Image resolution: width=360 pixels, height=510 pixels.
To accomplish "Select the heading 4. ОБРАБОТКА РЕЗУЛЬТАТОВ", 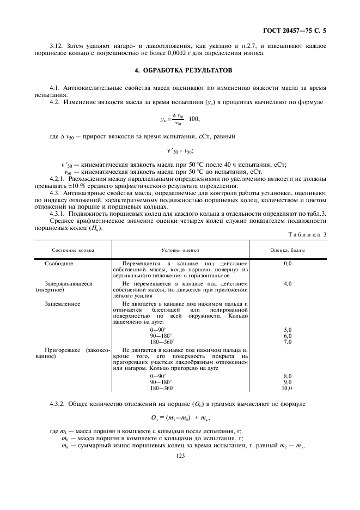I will (x=180, y=71).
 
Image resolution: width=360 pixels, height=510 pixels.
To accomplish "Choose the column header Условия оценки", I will (x=180, y=250).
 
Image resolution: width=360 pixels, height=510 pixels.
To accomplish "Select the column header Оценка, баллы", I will (x=288, y=250).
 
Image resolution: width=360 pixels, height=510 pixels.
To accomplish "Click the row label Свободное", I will (x=59, y=263).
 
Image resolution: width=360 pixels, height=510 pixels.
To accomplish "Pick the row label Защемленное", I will (x=62, y=303).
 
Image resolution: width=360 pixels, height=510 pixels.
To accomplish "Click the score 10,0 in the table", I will (x=286, y=388).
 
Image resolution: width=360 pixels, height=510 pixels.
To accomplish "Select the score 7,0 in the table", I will (x=288, y=342).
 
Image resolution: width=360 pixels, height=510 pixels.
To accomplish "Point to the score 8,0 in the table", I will (x=288, y=377).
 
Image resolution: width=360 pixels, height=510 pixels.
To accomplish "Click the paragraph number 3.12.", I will (x=55, y=47).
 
